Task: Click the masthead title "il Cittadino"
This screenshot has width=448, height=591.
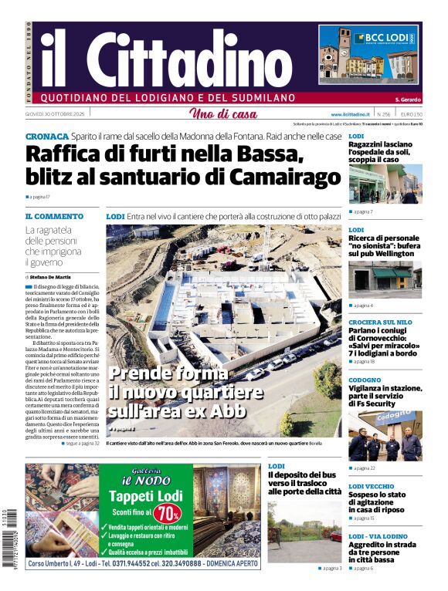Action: coord(166,58)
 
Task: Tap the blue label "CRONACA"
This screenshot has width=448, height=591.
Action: coord(46,136)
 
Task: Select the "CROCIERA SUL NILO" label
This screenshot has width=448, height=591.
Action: coord(380,321)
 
